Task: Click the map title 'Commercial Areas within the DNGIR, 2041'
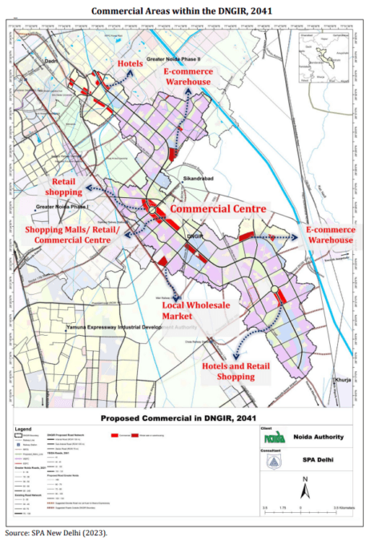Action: (187, 10)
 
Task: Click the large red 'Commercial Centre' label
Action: (219, 208)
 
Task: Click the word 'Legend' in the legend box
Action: (24, 430)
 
